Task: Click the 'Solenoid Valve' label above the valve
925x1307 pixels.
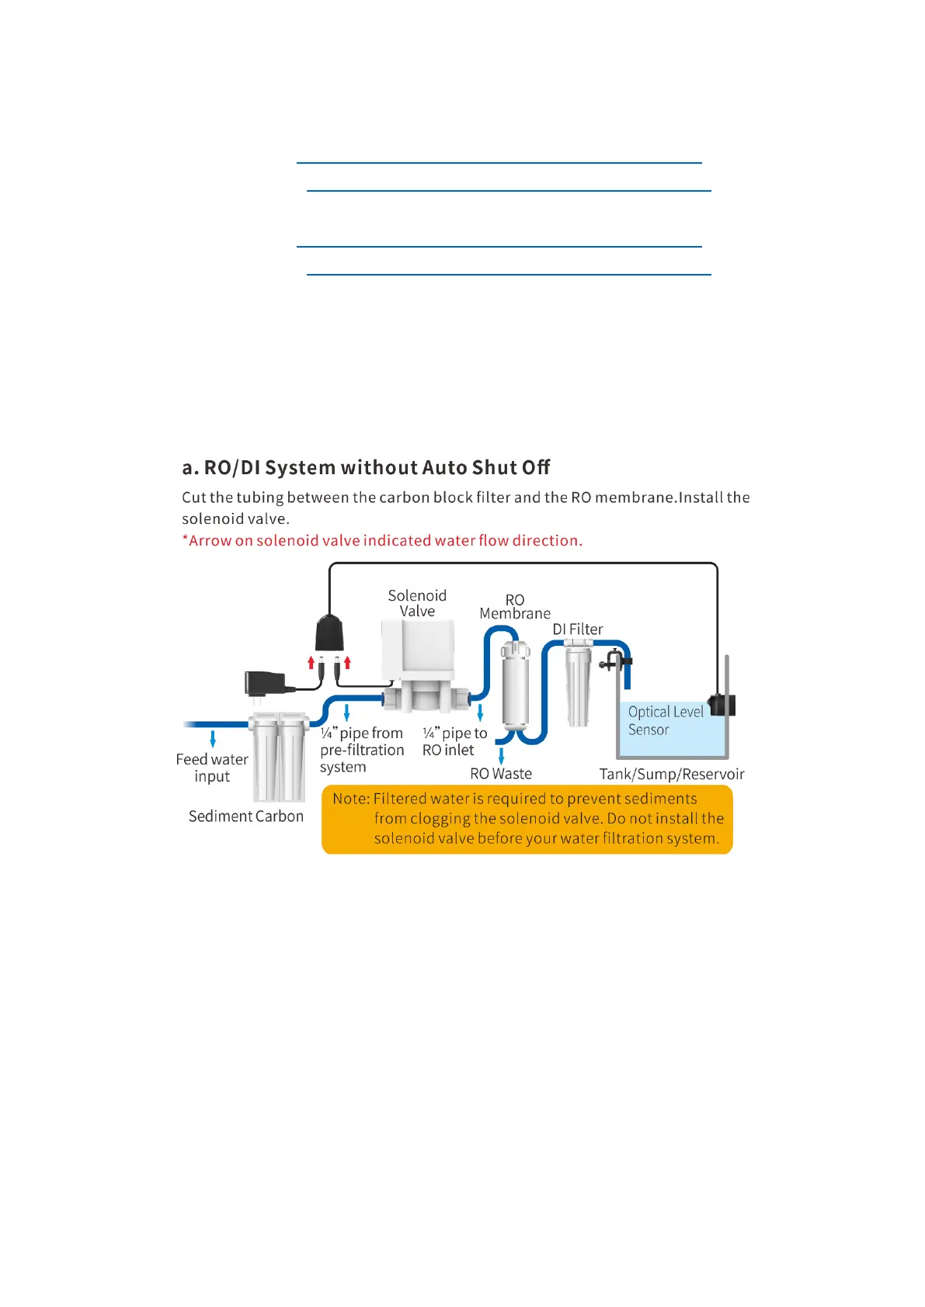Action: [x=417, y=603]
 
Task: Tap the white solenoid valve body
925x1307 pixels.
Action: [x=418, y=652]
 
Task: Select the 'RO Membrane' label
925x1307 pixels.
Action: [x=515, y=606]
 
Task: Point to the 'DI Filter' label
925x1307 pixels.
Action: [x=578, y=629]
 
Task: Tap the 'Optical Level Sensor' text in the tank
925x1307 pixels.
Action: [x=665, y=720]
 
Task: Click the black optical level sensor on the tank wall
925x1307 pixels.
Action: [x=722, y=705]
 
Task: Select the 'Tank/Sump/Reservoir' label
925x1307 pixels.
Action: [x=672, y=774]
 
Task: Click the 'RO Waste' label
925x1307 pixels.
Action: [x=501, y=774]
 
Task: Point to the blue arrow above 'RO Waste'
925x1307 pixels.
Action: [x=501, y=755]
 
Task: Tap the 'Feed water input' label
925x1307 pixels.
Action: [x=212, y=768]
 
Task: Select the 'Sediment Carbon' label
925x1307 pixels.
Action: [x=246, y=816]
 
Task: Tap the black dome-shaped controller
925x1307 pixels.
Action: [x=329, y=633]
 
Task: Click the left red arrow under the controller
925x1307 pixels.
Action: [x=311, y=662]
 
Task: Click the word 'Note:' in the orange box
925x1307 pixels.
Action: [x=351, y=799]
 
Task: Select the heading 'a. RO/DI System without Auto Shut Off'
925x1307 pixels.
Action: [x=366, y=467]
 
